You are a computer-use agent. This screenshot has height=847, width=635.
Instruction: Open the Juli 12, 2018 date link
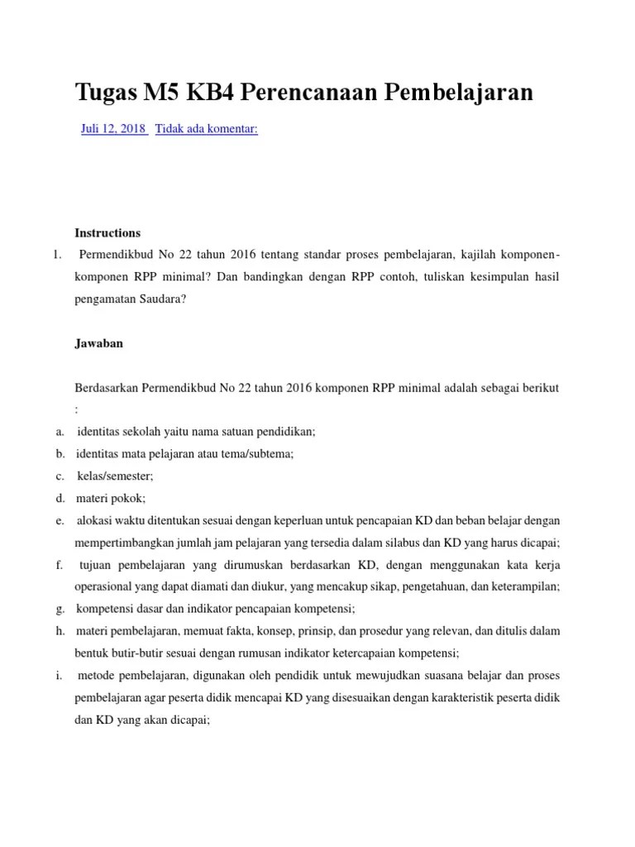point(113,129)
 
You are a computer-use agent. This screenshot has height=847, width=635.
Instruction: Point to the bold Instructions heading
point(107,232)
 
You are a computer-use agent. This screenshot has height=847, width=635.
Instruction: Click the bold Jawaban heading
point(98,343)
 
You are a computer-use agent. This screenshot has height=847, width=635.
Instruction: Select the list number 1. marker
point(56,255)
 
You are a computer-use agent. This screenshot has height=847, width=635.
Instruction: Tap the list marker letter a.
point(60,431)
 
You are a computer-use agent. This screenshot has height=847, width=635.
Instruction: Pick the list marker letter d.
point(60,498)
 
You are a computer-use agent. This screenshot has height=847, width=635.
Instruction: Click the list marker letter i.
point(60,676)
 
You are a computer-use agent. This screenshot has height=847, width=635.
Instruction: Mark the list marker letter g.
point(60,609)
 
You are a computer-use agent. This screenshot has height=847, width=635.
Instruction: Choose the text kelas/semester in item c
point(115,476)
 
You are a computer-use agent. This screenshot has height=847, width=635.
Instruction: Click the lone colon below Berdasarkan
point(77,409)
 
